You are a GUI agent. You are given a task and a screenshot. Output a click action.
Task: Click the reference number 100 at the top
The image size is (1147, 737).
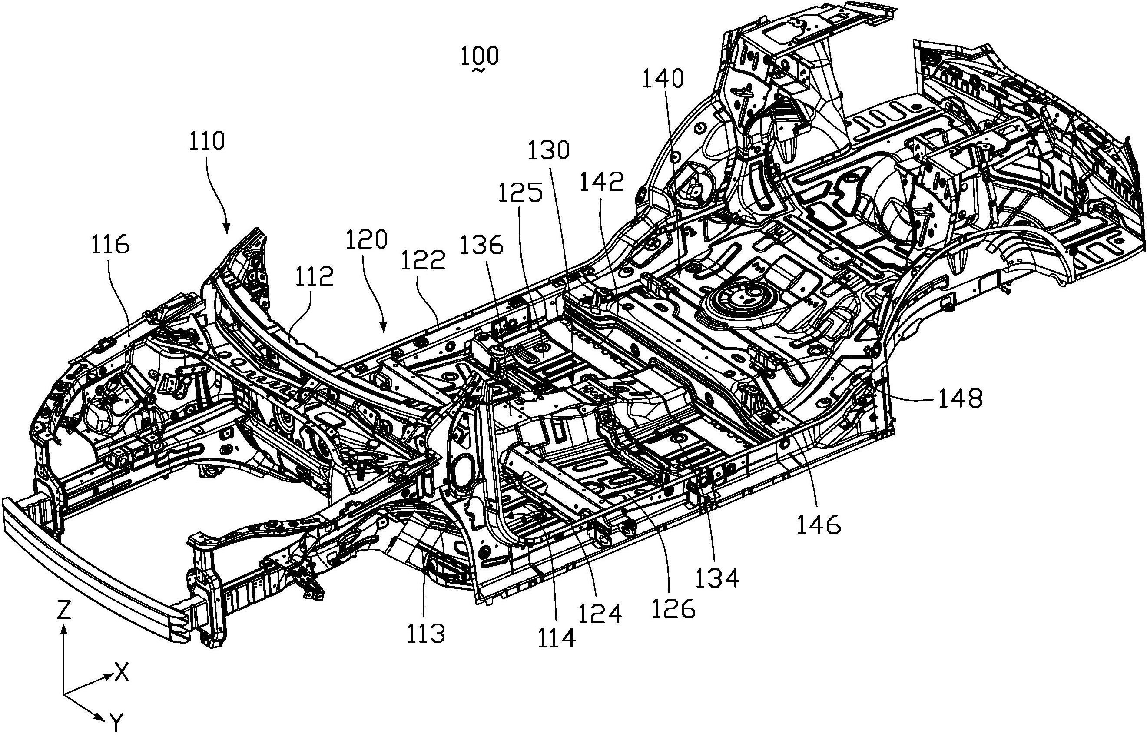(x=480, y=56)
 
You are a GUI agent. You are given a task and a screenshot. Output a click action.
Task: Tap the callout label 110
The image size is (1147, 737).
(x=206, y=142)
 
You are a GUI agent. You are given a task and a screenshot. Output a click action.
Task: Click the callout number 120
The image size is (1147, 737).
(x=367, y=239)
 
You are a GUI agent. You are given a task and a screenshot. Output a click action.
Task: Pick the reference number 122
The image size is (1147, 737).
(x=424, y=261)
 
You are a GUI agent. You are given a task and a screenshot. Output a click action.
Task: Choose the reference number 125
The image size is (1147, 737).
(x=520, y=193)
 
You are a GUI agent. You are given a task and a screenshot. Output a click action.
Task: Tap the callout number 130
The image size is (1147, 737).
(x=548, y=150)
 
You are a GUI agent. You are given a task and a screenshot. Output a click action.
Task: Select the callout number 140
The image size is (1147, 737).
(x=662, y=79)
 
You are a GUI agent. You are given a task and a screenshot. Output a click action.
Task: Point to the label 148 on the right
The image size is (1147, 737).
(x=960, y=398)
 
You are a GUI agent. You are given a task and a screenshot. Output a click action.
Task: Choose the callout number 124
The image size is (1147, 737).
(x=600, y=614)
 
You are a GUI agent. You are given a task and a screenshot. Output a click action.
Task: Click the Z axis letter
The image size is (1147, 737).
(x=63, y=611)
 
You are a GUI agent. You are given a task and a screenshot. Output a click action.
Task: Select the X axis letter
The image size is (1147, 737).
(x=123, y=674)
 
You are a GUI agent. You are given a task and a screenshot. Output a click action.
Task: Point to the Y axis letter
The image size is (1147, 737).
(x=116, y=721)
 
